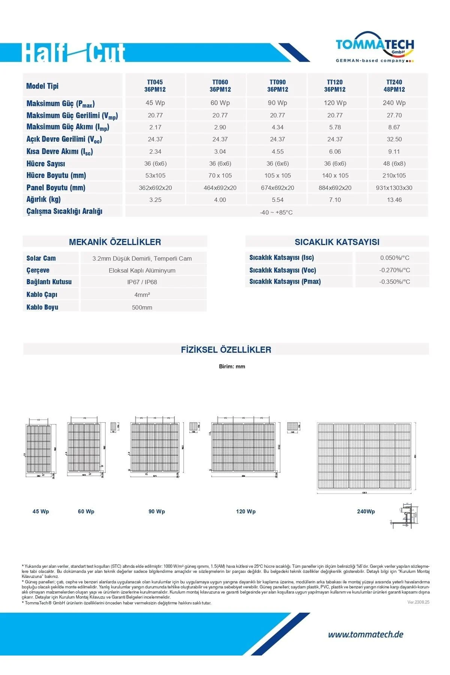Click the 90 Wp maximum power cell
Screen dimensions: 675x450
pos(277,103)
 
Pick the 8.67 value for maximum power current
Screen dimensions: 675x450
pos(394,127)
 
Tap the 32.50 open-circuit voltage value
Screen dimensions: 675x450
pos(394,139)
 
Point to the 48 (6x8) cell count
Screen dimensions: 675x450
pos(394,163)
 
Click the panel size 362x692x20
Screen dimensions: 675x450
pos(155,188)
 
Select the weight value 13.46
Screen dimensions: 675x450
pos(394,200)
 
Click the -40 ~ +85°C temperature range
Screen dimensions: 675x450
pos(276,212)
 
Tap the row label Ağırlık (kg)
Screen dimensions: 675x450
pos(43,199)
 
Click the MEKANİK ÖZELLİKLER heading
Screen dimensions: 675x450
pos(115,242)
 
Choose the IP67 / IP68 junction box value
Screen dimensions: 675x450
pos(142,282)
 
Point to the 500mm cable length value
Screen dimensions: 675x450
pos(142,307)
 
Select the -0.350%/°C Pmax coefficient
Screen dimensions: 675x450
pos(394,282)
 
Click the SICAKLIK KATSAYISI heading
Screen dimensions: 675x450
pos(337,242)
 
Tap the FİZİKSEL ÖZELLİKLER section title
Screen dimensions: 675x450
pos(226,349)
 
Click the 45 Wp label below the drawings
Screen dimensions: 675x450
pos(40,511)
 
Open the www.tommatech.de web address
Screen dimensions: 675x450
pos(366,634)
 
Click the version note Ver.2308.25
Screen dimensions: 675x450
pos(418,602)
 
